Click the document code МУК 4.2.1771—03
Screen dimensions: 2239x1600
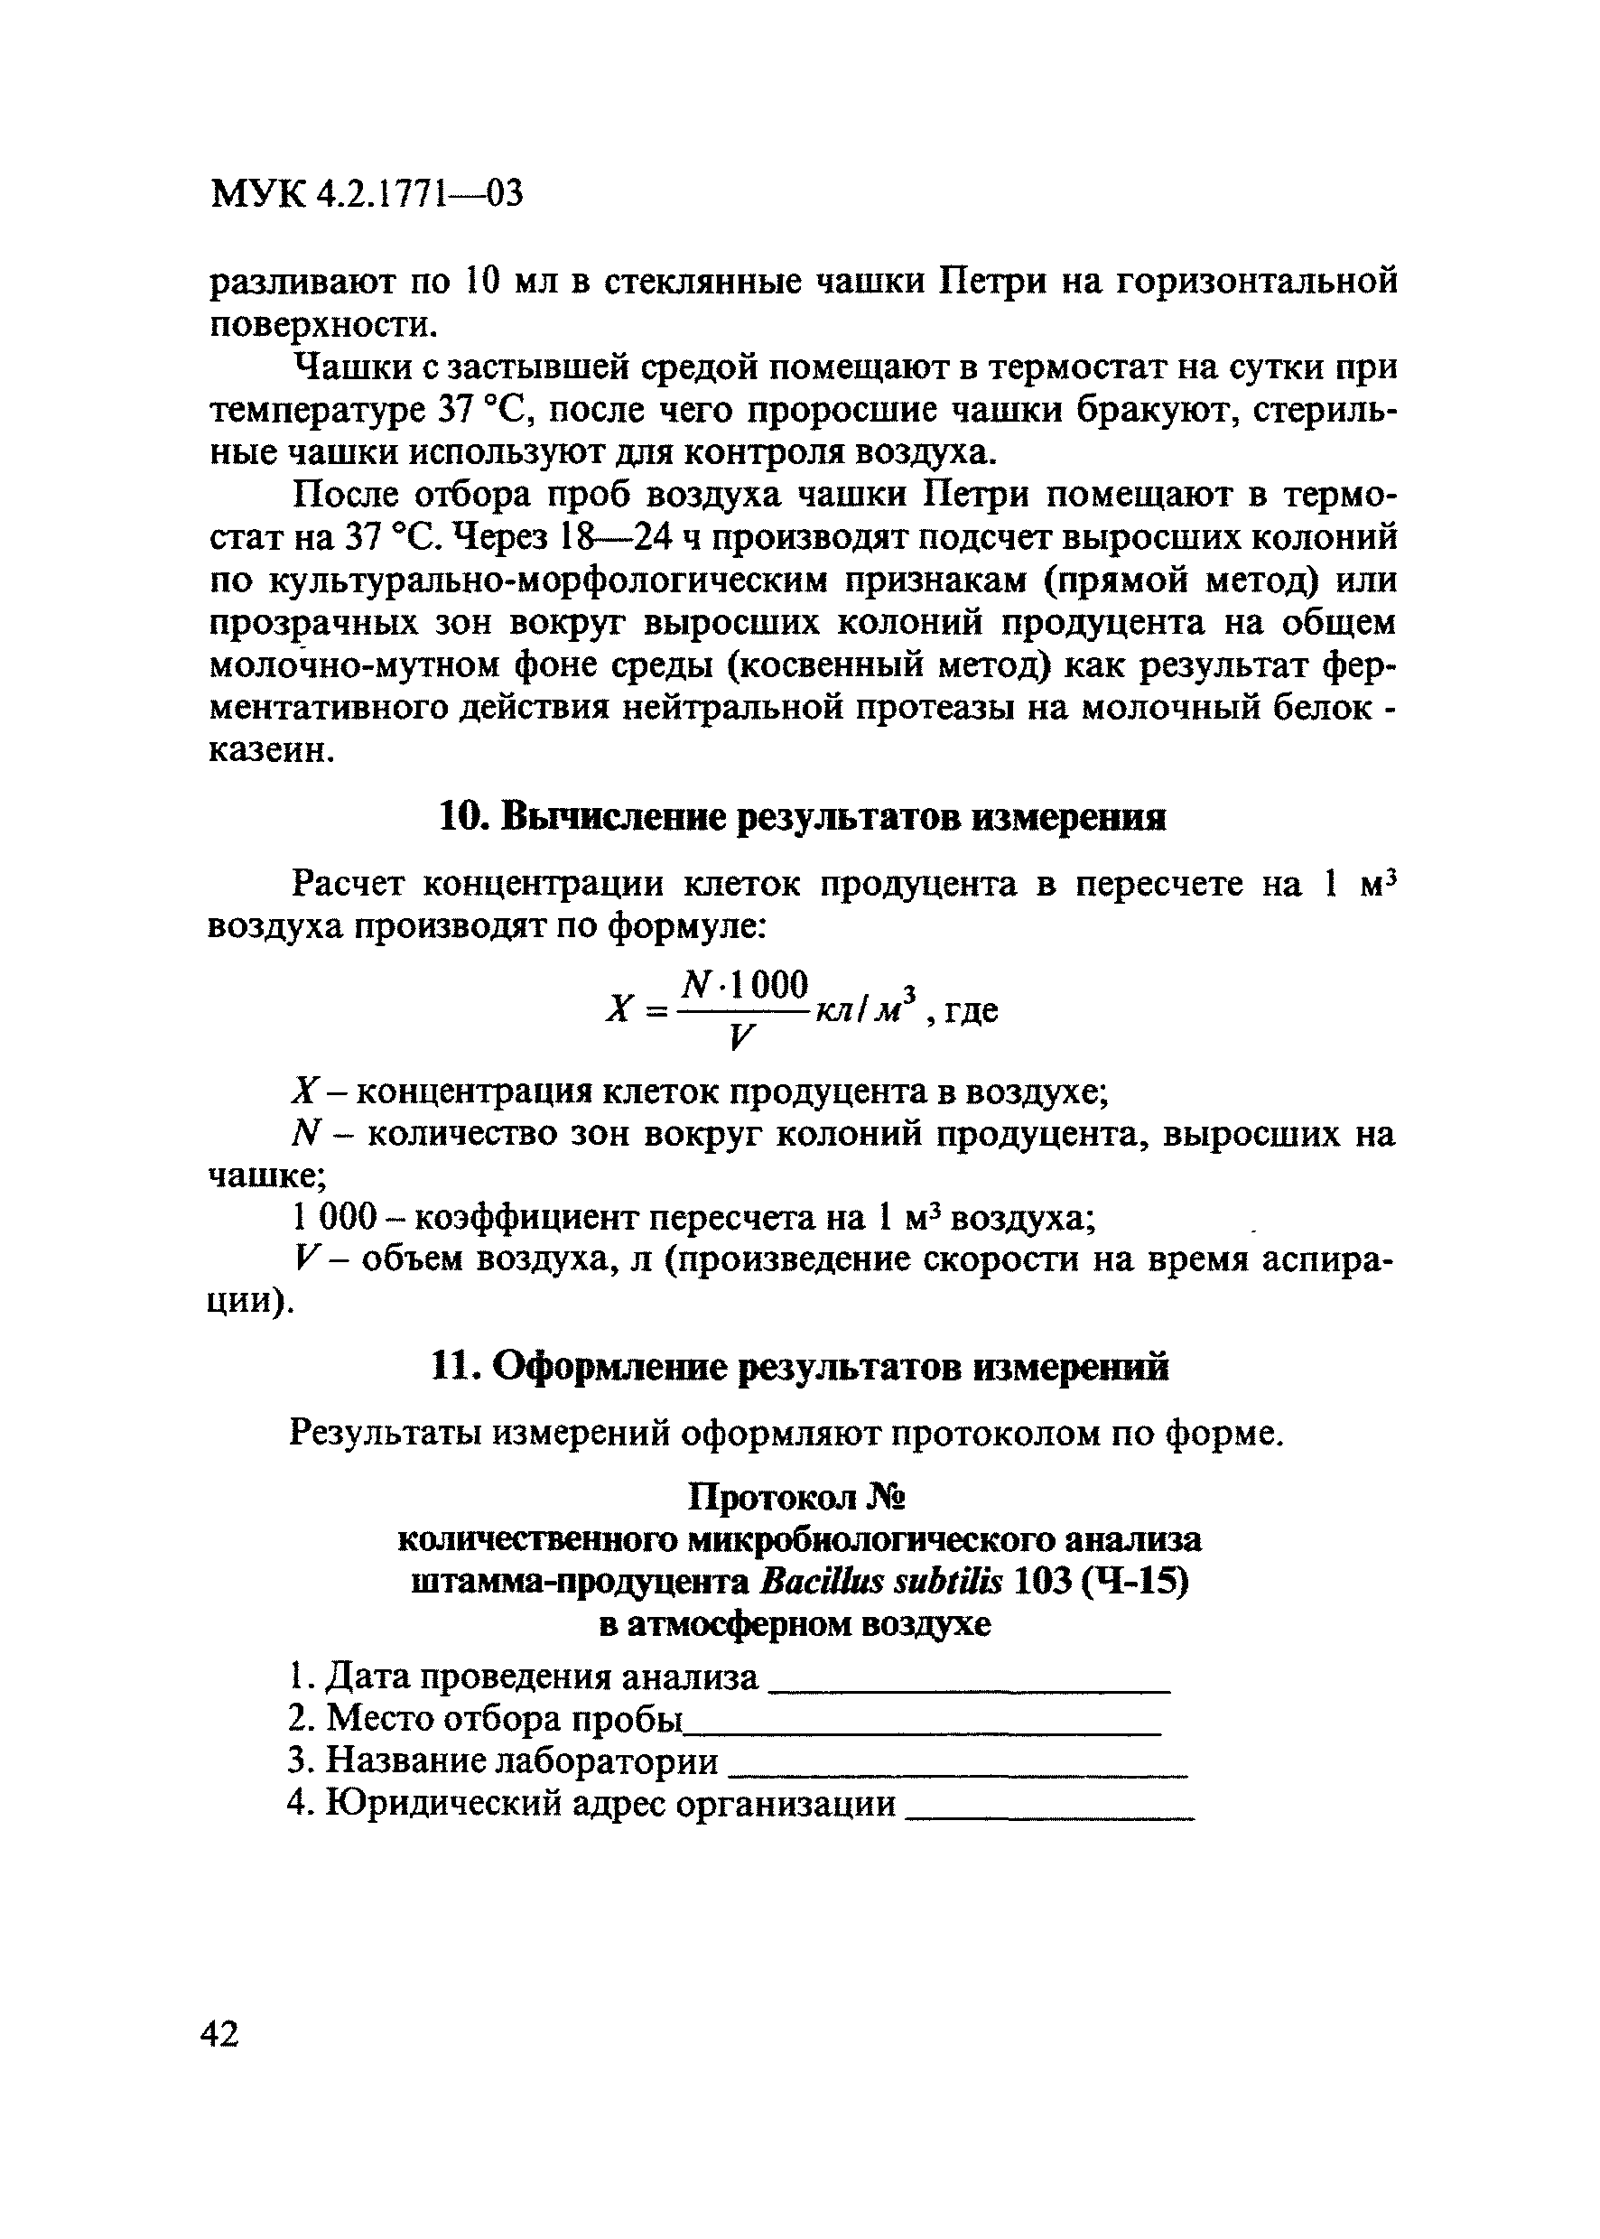tap(366, 194)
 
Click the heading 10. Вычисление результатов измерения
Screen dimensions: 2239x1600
tap(800, 818)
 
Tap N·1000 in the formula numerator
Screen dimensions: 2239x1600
tap(746, 983)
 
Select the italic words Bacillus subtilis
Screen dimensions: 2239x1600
tap(880, 1583)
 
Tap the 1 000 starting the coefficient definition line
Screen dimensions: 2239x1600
tap(336, 1219)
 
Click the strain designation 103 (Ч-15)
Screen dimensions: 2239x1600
tap(1101, 1583)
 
